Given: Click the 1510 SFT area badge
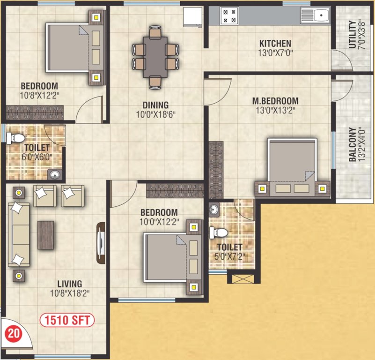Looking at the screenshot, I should pyautogui.click(x=67, y=321).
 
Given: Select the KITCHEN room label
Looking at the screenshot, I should pyautogui.click(x=275, y=44).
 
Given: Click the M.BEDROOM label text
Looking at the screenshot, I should pyautogui.click(x=275, y=101).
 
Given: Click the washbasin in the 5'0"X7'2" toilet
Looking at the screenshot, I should pyautogui.click(x=214, y=209).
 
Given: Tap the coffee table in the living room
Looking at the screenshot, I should pyautogui.click(x=46, y=234).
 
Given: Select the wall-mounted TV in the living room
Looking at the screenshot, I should pyautogui.click(x=101, y=244).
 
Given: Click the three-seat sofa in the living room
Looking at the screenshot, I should pyautogui.click(x=19, y=234).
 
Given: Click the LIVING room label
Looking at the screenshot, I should pyautogui.click(x=69, y=284).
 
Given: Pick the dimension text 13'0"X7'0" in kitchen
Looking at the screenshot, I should pyautogui.click(x=275, y=52).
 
